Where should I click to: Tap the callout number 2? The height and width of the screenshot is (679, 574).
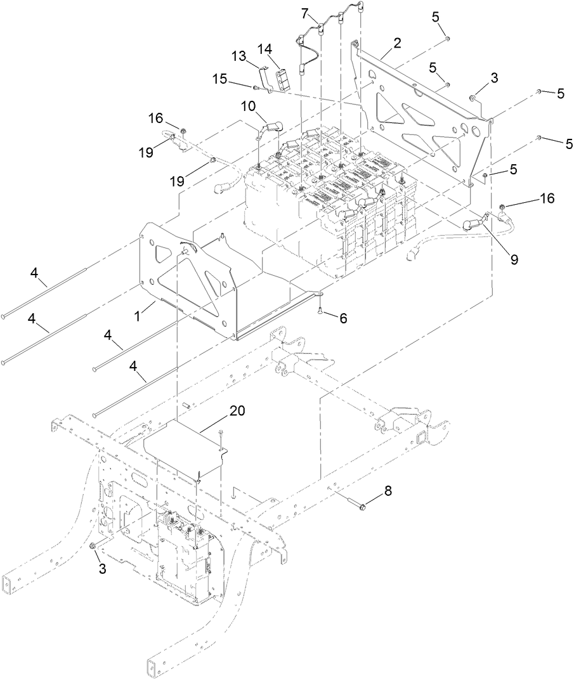point(397,43)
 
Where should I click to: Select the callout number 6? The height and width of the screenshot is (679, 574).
point(342,319)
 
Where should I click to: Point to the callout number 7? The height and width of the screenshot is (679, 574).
point(305,13)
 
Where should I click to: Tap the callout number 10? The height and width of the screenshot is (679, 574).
point(248,103)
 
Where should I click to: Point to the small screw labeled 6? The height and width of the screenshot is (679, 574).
point(322,311)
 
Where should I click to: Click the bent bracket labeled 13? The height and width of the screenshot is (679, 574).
point(267,77)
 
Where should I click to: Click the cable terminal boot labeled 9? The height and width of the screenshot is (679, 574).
point(472,223)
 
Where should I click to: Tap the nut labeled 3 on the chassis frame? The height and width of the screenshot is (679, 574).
point(94,546)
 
